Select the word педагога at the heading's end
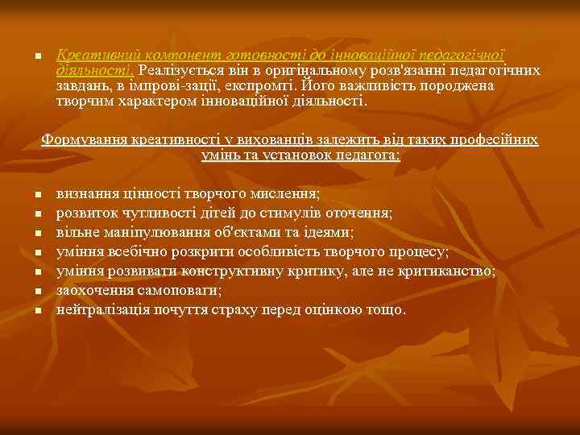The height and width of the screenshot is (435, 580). [367, 155]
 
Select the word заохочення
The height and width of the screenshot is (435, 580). [91, 290]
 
